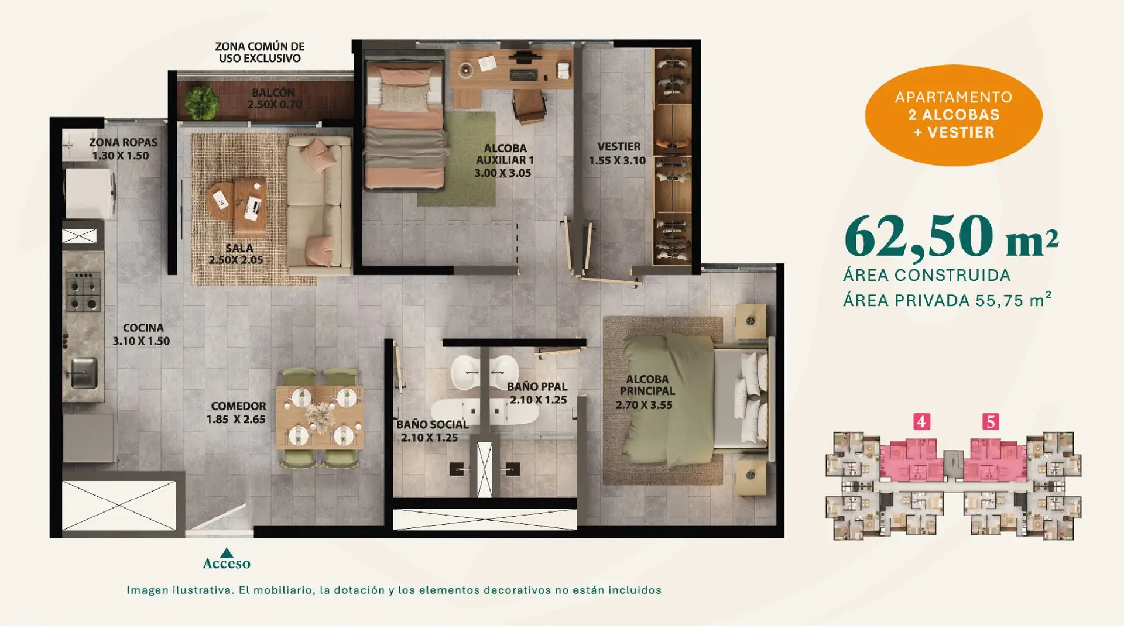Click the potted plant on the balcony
(202, 102)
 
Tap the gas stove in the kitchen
(83, 292)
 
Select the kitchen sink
(84, 373)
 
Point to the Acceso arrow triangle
(227, 552)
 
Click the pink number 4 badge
(921, 421)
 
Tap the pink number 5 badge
(991, 421)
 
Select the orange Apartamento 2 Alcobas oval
(954, 115)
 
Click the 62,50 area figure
(919, 236)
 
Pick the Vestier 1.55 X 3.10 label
(618, 153)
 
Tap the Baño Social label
(432, 425)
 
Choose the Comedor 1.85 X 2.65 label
(237, 413)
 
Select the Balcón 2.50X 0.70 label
(274, 98)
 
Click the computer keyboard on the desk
(523, 74)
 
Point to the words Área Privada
(906, 301)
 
